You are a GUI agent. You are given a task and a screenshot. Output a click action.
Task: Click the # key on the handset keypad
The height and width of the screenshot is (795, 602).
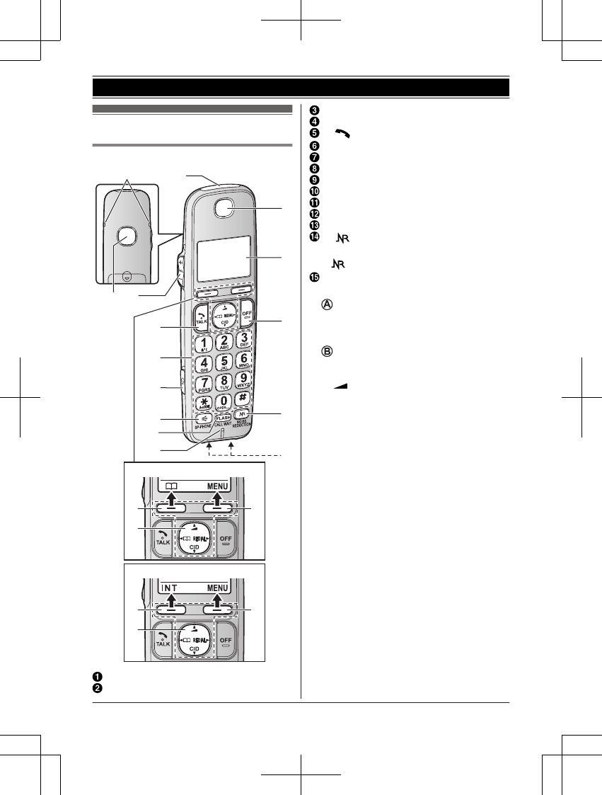[242, 398]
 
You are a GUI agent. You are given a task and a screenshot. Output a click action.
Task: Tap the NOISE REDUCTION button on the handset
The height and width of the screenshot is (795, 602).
[242, 416]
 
